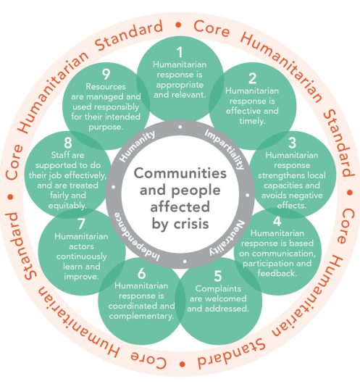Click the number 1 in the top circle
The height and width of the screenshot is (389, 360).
click(180, 52)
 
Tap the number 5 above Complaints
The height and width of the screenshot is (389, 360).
click(217, 276)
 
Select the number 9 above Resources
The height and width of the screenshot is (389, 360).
click(106, 74)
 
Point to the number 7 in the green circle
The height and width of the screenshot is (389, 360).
click(81, 224)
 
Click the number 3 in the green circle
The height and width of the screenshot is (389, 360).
click(292, 143)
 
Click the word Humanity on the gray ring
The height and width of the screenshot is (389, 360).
click(137, 146)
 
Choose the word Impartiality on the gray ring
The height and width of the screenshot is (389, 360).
click(224, 150)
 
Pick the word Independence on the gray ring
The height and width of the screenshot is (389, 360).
click(136, 238)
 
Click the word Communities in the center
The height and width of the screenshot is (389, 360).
click(180, 173)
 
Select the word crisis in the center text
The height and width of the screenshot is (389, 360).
click(191, 224)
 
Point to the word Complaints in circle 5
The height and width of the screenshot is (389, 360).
click(218, 289)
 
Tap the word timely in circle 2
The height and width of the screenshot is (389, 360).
click(251, 121)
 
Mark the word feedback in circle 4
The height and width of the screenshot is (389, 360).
click(277, 273)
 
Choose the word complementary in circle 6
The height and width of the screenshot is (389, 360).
click(141, 317)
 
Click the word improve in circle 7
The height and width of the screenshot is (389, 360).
click(81, 277)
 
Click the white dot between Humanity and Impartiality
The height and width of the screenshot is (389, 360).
click(180, 127)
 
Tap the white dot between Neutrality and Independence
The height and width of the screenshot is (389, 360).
click(185, 262)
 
